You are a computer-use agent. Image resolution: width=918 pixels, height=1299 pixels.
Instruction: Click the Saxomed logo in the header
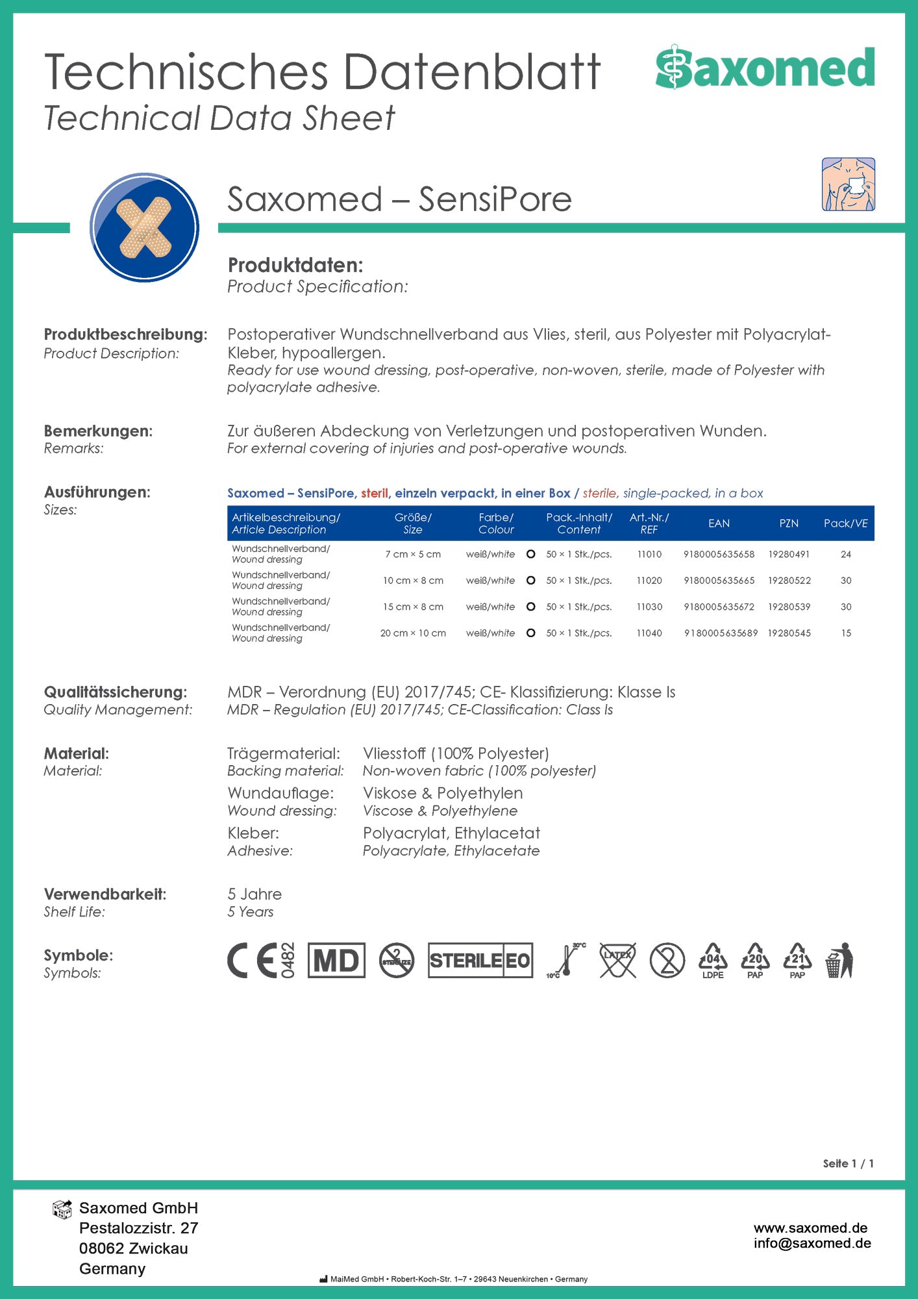[x=765, y=68]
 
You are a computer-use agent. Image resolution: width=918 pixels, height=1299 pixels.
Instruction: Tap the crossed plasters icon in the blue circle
[x=144, y=227]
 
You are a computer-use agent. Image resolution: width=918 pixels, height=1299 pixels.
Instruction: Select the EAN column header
[x=719, y=523]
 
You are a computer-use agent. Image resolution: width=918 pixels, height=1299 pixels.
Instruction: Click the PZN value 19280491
[x=789, y=554]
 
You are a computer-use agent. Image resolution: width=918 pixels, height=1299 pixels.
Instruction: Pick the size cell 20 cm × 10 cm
[x=413, y=633]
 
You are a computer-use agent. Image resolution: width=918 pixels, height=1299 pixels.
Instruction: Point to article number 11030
[x=649, y=607]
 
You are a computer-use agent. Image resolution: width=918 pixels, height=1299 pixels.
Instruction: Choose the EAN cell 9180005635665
[x=719, y=581]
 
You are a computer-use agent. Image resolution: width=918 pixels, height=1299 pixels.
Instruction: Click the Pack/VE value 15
[x=846, y=633]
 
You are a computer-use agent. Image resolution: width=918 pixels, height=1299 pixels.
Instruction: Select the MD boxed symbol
[x=336, y=961]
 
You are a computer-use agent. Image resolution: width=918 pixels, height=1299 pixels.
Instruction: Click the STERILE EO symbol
[x=480, y=961]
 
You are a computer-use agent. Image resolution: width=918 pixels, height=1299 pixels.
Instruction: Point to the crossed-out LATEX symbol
[x=617, y=961]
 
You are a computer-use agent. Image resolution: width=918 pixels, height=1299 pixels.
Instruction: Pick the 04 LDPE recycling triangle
[x=713, y=961]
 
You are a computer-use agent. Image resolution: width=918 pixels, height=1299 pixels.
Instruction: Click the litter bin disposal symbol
[x=840, y=961]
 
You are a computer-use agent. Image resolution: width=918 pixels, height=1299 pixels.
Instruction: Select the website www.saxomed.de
[x=810, y=1228]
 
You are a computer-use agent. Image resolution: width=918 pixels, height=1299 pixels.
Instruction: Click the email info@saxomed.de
[x=812, y=1243]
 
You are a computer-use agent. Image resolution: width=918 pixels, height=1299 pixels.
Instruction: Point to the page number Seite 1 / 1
[x=848, y=1163]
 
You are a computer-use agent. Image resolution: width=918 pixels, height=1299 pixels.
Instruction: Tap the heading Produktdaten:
[x=295, y=265]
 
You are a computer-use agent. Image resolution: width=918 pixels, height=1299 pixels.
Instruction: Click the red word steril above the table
[x=375, y=493]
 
